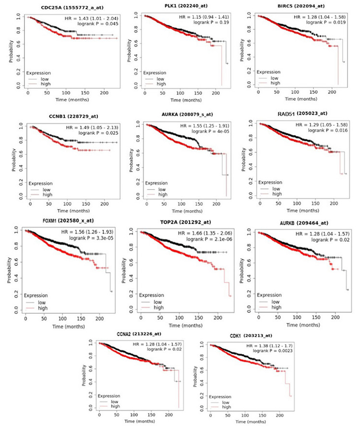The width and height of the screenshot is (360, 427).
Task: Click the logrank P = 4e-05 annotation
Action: (204, 132)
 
